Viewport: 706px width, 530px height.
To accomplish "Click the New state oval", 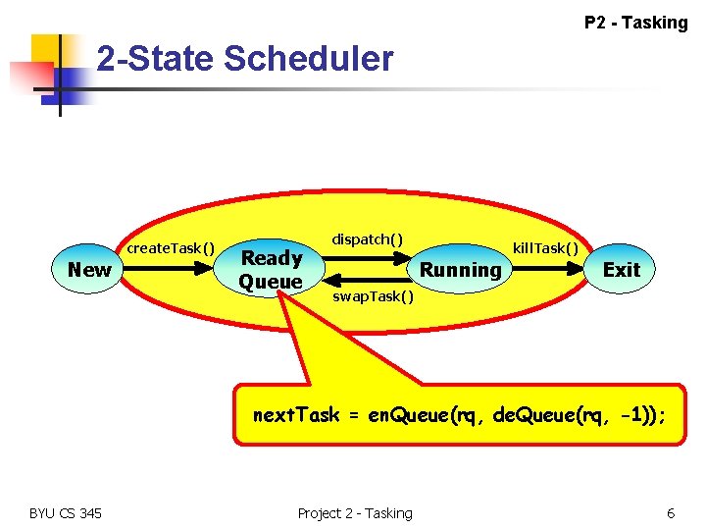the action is tap(89, 270).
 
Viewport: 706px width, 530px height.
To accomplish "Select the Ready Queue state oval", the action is tap(272, 270).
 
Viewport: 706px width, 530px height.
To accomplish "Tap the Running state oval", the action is tap(460, 270).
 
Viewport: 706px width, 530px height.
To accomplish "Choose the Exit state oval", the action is tap(621, 270).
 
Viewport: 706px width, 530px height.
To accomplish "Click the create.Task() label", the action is tap(172, 248).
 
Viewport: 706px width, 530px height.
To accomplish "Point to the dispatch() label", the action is tap(367, 239).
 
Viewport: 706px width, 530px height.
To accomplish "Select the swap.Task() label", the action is tap(374, 296).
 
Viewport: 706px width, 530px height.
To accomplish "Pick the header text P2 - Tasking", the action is tap(635, 22).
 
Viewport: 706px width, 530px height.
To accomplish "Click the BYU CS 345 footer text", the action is tap(66, 512).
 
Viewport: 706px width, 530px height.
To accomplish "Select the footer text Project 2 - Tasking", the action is tap(355, 512).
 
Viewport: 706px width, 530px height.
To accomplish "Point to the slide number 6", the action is tap(671, 512).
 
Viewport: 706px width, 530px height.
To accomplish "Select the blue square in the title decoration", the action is tap(70, 83).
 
